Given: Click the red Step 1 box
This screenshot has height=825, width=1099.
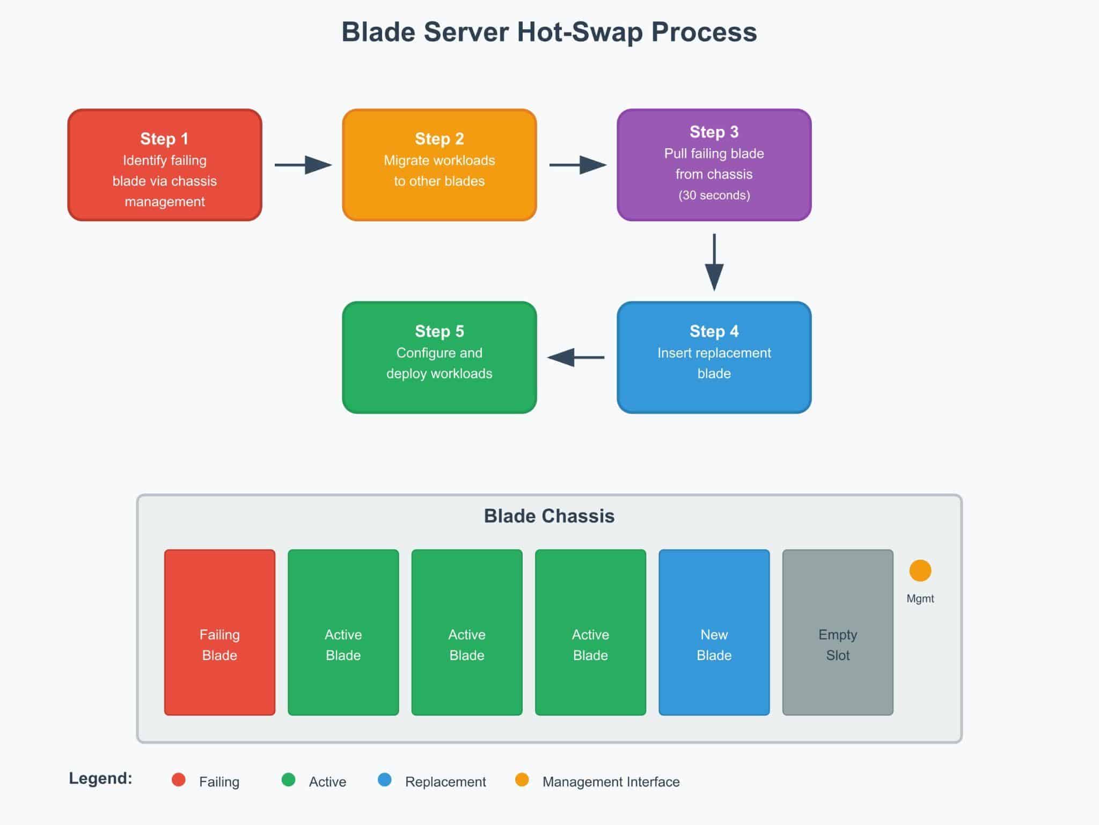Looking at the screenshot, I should click(165, 165).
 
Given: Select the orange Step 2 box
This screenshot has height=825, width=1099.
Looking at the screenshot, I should click(439, 165).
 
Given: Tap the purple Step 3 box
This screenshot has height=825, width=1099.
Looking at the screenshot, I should click(714, 165).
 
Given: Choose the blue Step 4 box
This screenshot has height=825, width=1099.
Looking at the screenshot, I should click(714, 357).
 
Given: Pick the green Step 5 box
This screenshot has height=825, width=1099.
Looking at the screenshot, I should click(439, 357).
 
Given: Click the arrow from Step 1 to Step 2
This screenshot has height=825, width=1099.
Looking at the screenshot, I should click(303, 165).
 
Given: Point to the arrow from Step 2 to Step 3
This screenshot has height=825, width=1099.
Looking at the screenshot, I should click(577, 165).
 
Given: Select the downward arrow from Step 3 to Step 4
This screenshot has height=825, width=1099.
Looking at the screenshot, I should click(714, 262).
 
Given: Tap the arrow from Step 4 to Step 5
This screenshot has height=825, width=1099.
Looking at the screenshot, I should click(576, 357).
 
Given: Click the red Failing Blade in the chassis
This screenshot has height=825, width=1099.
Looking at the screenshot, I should click(219, 632).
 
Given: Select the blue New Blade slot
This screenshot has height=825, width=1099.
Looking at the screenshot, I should click(714, 632).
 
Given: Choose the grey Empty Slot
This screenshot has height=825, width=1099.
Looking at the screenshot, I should click(837, 632).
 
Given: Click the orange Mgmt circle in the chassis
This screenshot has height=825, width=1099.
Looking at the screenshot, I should click(920, 570).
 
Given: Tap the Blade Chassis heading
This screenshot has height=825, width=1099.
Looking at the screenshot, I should click(549, 516).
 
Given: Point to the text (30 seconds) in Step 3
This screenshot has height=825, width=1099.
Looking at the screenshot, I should click(714, 195).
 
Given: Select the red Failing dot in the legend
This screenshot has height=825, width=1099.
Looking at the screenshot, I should click(179, 780).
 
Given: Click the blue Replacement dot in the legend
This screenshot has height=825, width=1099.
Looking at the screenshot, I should click(384, 780).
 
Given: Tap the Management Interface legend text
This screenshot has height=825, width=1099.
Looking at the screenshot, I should click(611, 781).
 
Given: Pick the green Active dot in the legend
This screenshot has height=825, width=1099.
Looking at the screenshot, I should click(288, 780).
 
